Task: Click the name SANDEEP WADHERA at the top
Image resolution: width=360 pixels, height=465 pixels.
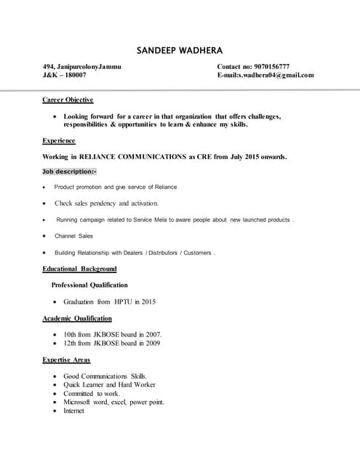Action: (180, 50)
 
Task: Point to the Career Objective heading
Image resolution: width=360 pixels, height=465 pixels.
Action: (68, 100)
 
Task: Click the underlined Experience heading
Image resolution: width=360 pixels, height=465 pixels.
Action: (60, 141)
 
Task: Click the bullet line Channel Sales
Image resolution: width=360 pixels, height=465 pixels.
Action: (73, 236)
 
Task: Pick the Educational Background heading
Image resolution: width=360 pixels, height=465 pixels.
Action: (80, 269)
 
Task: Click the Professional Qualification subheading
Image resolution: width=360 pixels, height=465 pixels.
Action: (89, 285)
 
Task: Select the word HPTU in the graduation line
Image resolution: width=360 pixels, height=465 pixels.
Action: (124, 302)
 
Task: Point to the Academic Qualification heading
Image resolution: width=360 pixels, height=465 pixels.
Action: (77, 318)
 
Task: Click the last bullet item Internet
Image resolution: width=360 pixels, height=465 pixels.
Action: (73, 411)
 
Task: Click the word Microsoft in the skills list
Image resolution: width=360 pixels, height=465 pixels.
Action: (79, 402)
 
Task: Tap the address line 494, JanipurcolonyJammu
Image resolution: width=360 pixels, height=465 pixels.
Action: (82, 67)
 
